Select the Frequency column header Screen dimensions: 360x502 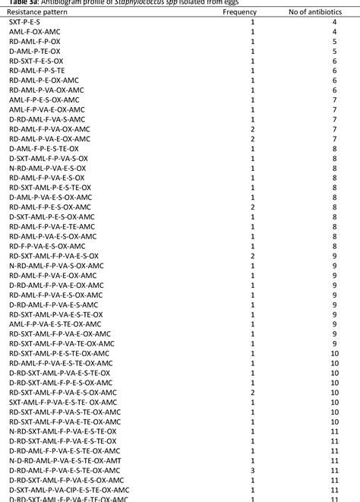coord(239,13)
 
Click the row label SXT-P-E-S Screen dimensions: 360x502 coord(26,23)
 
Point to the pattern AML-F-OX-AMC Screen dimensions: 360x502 coord(35,32)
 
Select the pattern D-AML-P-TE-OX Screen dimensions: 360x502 coord(36,52)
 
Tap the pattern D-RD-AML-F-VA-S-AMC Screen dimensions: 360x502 coord(47,119)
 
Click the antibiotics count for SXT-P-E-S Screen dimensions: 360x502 coord(334,23)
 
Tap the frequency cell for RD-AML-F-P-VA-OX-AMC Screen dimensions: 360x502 coord(252,129)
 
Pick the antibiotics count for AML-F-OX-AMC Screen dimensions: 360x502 coord(334,32)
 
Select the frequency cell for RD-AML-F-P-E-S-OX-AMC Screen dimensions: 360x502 coord(252,207)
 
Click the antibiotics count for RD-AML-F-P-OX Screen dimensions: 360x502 coord(334,42)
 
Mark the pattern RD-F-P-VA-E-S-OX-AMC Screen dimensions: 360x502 coord(47,245)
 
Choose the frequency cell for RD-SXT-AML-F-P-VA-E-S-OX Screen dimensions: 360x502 coord(252,255)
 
